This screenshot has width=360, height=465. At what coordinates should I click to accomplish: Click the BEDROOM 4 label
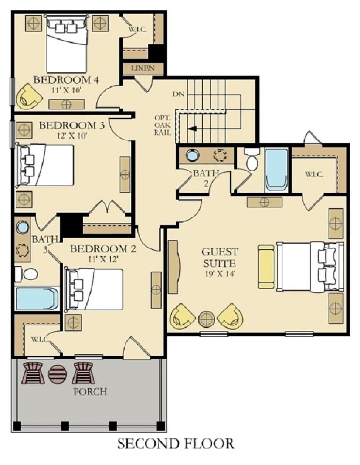coord(66,79)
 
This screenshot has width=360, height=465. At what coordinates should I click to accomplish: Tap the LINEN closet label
coord(142,68)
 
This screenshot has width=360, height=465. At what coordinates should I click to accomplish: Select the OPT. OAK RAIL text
coord(162,125)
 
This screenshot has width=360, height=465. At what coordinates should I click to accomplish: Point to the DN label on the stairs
coord(179,94)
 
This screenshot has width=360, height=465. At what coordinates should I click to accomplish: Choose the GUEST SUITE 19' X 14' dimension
coord(220,273)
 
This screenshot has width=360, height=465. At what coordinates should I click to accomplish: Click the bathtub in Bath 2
coord(276,170)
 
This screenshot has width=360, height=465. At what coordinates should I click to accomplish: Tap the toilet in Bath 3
coord(27,274)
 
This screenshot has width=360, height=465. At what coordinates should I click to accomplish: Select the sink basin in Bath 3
coord(22,227)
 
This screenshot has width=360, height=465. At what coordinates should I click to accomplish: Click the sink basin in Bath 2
coord(192,155)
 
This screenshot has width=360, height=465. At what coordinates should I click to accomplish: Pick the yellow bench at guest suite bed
coord(266,266)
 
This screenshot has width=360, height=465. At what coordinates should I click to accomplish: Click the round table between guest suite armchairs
coord(206,319)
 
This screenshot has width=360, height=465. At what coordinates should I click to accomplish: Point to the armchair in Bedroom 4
coord(29,96)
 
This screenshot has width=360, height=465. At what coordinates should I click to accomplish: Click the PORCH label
coord(90,392)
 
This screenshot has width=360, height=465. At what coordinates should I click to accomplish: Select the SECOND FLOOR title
coord(176,444)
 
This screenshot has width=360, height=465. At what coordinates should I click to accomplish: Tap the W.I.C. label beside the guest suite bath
coord(314,174)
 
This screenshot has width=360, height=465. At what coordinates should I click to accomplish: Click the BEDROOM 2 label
coord(103,248)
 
